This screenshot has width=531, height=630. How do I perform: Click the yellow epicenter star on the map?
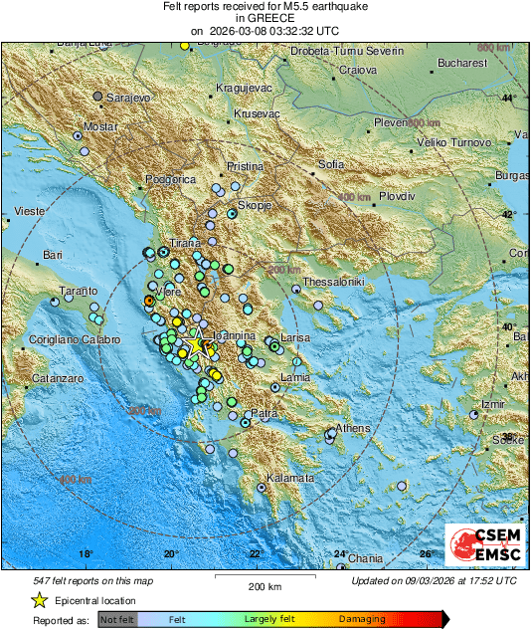pos(196,345)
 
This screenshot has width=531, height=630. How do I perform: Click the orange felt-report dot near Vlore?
pos(149,300)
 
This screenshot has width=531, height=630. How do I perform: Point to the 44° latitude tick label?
pos(509,98)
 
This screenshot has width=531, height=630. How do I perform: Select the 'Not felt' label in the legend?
pos(118,619)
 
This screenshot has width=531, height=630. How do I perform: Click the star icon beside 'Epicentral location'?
pos(39,600)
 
